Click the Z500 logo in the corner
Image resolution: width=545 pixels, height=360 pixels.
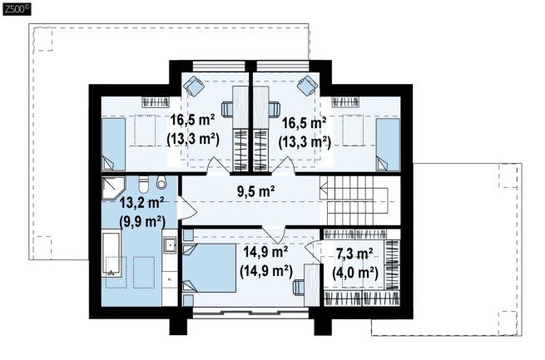coord(17,9)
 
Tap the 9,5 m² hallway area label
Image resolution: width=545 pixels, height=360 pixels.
coord(256,191)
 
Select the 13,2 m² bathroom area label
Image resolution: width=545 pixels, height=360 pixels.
coord(141,202)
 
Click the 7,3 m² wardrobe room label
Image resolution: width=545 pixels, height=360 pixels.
coord(354,254)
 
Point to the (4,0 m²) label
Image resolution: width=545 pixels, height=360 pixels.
coord(355,273)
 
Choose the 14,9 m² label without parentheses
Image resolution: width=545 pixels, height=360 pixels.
coord(265,252)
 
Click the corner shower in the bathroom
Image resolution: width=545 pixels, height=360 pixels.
coord(113,188)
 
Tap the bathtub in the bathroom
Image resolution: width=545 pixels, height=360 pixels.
coord(111,255)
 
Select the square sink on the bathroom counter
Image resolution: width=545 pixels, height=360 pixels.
coord(170,245)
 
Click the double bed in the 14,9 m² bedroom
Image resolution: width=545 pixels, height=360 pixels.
coord(209,268)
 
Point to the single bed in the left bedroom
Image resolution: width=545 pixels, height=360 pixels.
coord(113,145)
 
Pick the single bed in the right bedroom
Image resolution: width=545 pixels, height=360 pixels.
coord(389,145)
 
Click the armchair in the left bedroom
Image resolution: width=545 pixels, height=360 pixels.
coord(193,86)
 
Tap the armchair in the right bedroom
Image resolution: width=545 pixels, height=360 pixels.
coord(308,86)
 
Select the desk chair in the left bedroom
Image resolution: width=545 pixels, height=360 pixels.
coord(227,109)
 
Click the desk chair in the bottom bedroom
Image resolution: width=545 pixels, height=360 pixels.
coord(299,288)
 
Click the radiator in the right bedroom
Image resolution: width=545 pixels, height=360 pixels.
coord(345,102)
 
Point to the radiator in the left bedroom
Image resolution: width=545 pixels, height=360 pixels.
coord(156,102)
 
